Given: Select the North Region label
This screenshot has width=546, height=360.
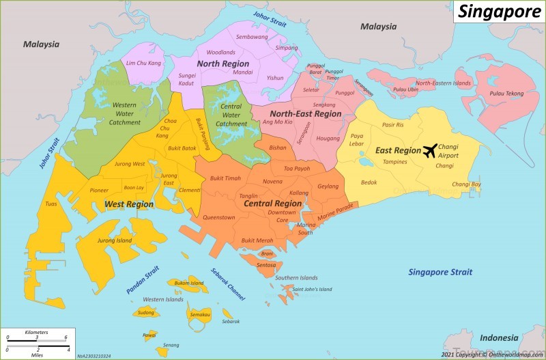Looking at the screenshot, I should pyautogui.click(x=222, y=64).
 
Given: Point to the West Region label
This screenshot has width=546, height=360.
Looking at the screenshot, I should pyautogui.click(x=129, y=204).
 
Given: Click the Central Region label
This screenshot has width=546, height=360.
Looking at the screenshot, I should pyautogui.click(x=273, y=203).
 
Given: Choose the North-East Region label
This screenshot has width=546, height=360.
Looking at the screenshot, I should pyautogui.click(x=305, y=114).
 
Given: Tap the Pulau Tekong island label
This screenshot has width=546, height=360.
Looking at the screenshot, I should pyautogui.click(x=505, y=93).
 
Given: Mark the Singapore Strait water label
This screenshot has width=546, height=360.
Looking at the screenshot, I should pyautogui.click(x=440, y=272).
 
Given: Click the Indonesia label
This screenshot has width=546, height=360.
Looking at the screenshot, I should pyautogui.click(x=499, y=338).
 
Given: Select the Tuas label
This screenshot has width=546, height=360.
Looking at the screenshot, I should pyautogui.click(x=51, y=204).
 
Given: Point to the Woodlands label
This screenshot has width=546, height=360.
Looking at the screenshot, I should pyautogui.click(x=220, y=52).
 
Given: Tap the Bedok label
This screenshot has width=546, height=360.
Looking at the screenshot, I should pyautogui.click(x=369, y=182).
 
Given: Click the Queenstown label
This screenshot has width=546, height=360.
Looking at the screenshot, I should pyautogui.click(x=218, y=217).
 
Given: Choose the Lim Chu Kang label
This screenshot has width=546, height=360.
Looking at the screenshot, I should pyautogui.click(x=143, y=63).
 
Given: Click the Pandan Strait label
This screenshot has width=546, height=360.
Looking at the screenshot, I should pyautogui.click(x=143, y=279).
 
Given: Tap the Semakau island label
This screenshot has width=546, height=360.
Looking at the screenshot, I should pyautogui.click(x=200, y=314).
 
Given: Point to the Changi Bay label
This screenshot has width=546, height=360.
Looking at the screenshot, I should pyautogui.click(x=466, y=184).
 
